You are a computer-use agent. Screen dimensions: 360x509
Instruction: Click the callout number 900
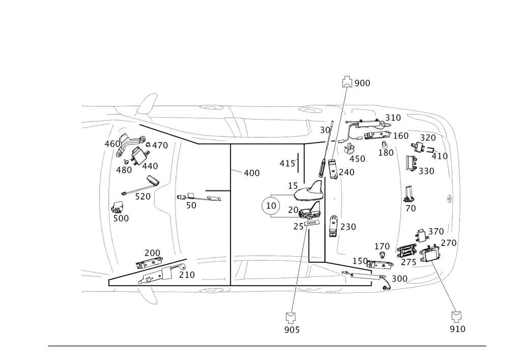[362, 83]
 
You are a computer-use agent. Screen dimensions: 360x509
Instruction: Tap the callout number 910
[458, 329]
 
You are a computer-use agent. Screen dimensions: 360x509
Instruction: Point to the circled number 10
[271, 206]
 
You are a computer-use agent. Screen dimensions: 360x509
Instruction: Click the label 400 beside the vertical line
[251, 173]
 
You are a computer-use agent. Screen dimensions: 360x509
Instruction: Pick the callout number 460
[112, 144]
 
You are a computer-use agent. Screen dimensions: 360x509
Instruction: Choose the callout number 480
[124, 170]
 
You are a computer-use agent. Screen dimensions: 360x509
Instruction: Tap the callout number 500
[121, 218]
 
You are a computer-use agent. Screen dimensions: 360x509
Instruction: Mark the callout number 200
[152, 253]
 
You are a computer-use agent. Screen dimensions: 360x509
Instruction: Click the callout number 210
[186, 274]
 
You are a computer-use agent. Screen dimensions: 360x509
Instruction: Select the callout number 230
[348, 227]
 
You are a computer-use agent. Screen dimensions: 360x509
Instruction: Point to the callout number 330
[427, 172]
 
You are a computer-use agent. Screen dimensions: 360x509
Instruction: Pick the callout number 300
[399, 279]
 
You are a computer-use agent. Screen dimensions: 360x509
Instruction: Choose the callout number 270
[448, 243]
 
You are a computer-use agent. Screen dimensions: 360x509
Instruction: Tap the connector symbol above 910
[457, 316]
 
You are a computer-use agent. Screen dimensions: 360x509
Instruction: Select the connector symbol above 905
[291, 318]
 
